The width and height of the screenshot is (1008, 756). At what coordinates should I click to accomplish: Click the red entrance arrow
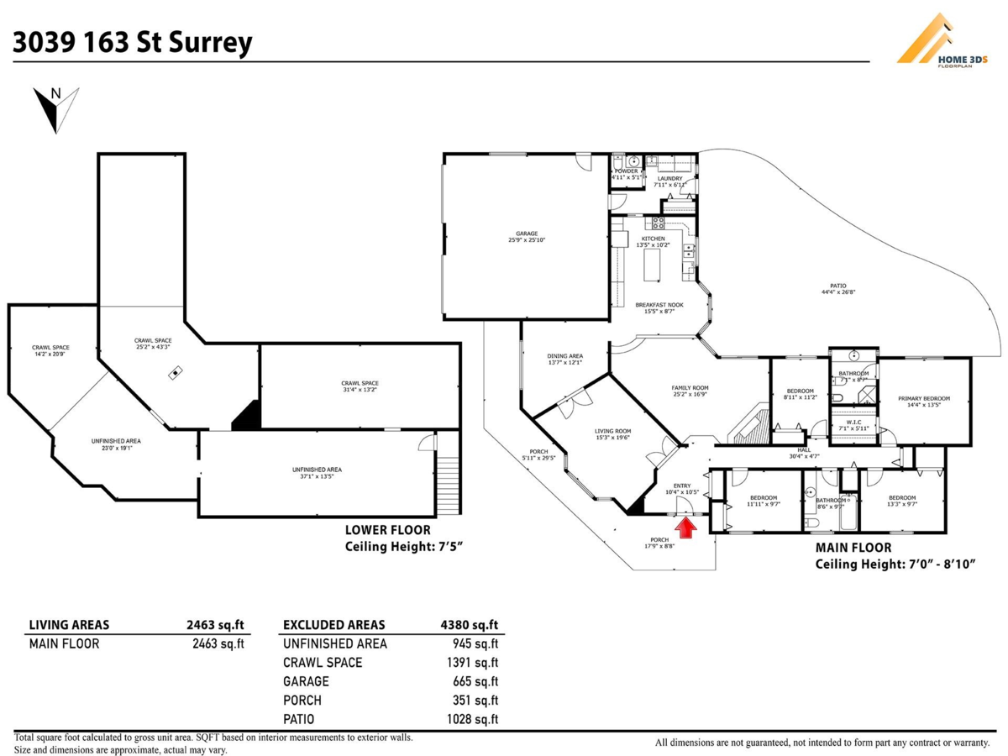pos(686,527)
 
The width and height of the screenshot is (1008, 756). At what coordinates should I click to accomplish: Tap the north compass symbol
pos(55,108)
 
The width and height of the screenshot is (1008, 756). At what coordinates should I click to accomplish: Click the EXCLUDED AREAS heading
pos(334,625)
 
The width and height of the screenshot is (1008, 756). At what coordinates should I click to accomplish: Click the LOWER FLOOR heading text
pos(388,530)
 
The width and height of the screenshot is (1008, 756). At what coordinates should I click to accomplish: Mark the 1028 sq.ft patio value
pos(473,719)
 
